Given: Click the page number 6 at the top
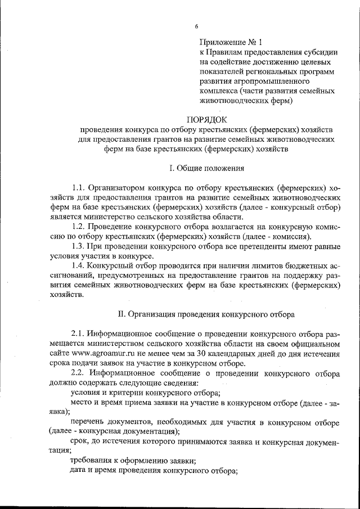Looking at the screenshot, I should (197, 26).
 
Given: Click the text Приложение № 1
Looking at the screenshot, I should (231, 42).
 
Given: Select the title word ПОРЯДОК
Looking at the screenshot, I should (206, 119).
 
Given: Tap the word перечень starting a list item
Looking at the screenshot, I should (89, 421).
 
